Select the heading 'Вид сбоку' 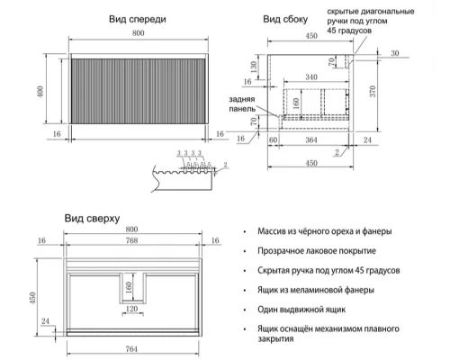286,19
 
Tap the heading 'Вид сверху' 92,219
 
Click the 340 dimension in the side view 310,77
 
